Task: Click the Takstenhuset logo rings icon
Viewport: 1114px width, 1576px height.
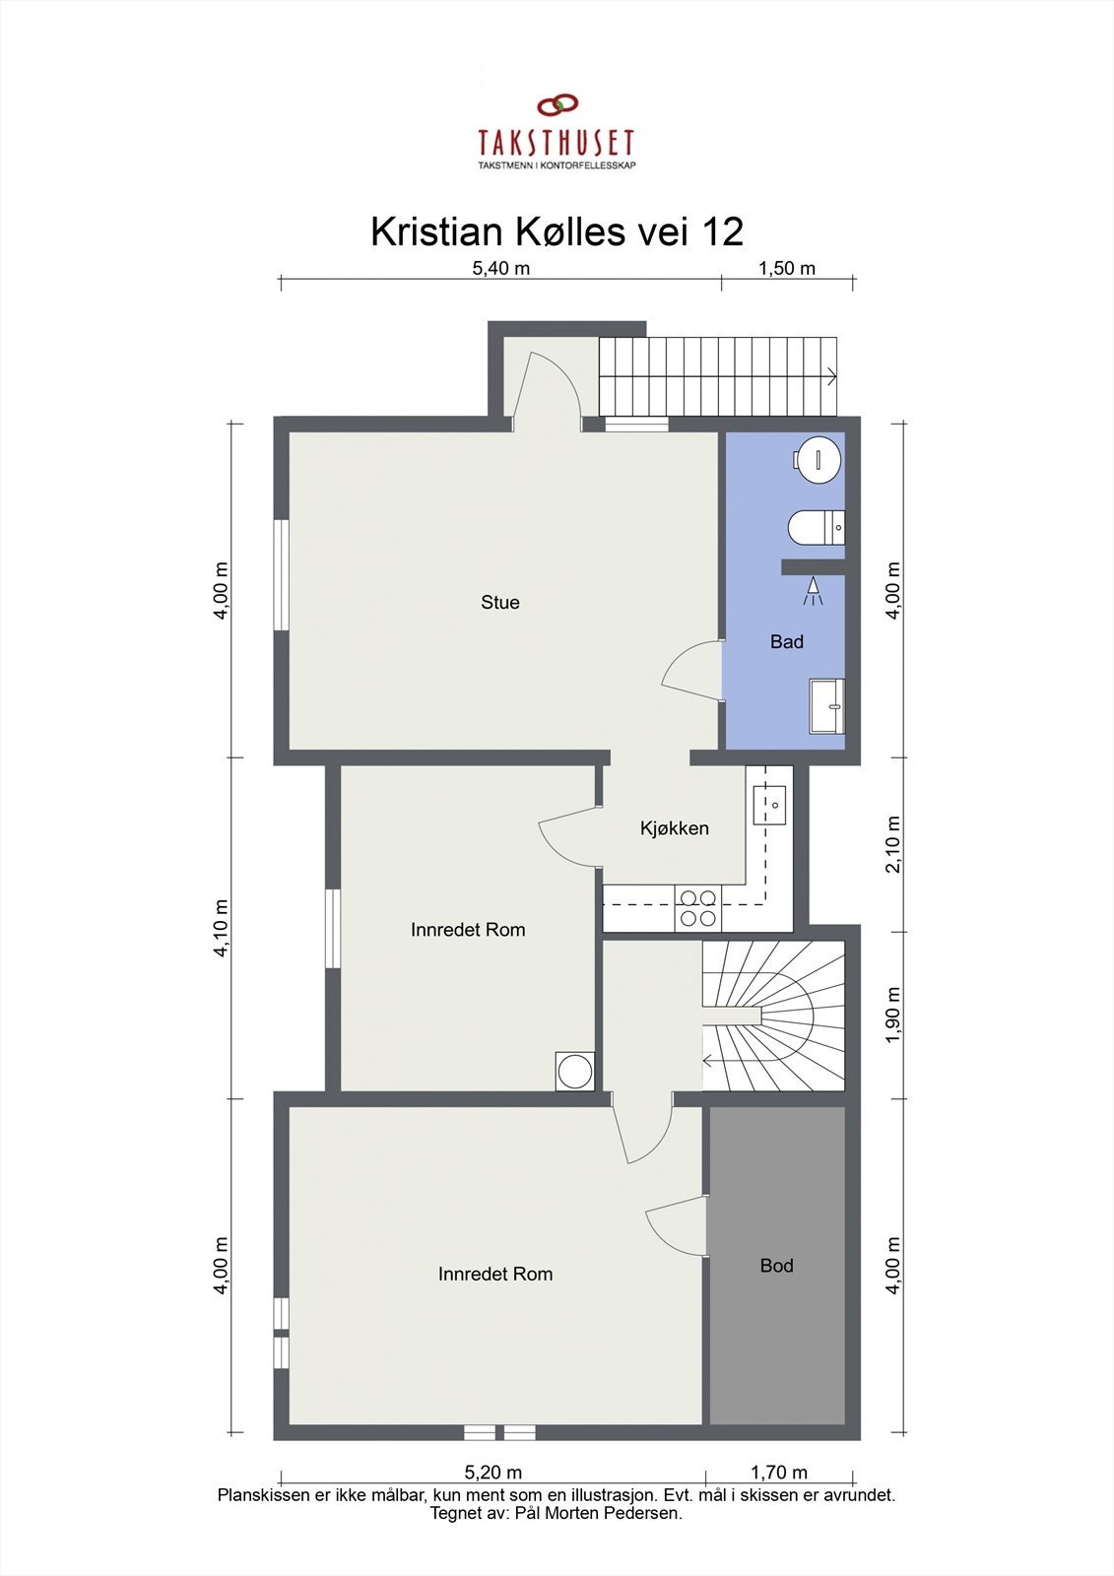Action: [557, 104]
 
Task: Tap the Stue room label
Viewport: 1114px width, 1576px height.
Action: [500, 603]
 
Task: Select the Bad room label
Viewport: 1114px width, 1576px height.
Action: [787, 642]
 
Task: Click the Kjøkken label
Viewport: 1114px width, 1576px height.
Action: [675, 828]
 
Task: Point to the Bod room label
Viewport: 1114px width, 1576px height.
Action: [776, 1266]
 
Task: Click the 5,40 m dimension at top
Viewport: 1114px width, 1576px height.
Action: [501, 268]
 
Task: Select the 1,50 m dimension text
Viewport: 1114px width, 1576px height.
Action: [787, 268]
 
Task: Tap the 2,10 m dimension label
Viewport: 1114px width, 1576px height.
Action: [893, 844]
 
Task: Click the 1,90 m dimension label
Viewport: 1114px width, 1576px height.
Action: [893, 1015]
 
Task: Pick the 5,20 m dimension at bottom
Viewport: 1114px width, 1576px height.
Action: [493, 1473]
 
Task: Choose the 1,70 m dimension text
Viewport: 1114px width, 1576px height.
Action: [779, 1473]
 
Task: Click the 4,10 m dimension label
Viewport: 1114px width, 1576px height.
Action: [222, 927]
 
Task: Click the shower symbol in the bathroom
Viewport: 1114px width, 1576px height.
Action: [813, 591]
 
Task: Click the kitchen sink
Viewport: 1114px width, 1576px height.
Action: [769, 805]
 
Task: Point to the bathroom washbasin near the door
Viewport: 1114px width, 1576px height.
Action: [827, 705]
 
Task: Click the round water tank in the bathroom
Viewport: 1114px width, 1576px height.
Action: [819, 458]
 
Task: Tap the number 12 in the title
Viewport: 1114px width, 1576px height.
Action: [722, 232]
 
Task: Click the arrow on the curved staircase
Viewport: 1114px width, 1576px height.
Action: [710, 1061]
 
